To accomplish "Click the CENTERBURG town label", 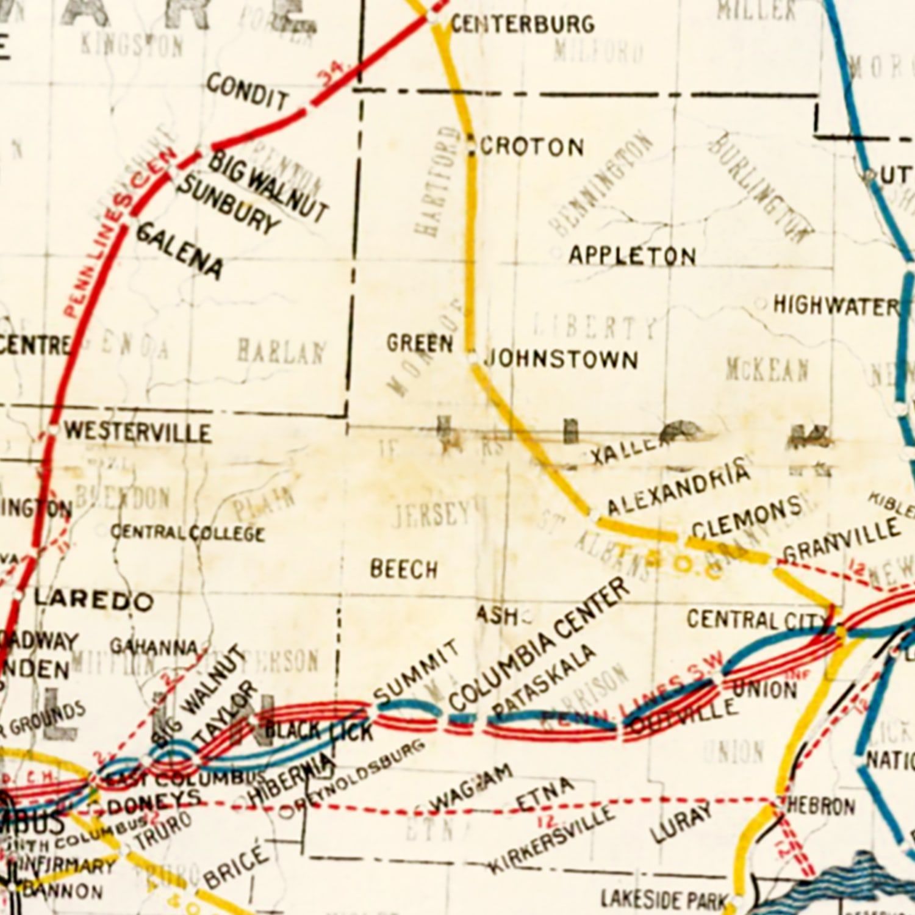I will point(522,24).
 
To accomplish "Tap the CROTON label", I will point(533,147).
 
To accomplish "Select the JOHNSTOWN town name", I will point(561,359).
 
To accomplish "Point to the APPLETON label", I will point(632,256).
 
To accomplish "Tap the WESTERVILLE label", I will point(138,432).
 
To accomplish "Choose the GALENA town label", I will point(179,250).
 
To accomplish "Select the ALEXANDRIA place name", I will point(677,488).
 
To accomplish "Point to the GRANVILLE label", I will point(842,541).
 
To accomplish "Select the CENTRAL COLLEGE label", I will point(187,533).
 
